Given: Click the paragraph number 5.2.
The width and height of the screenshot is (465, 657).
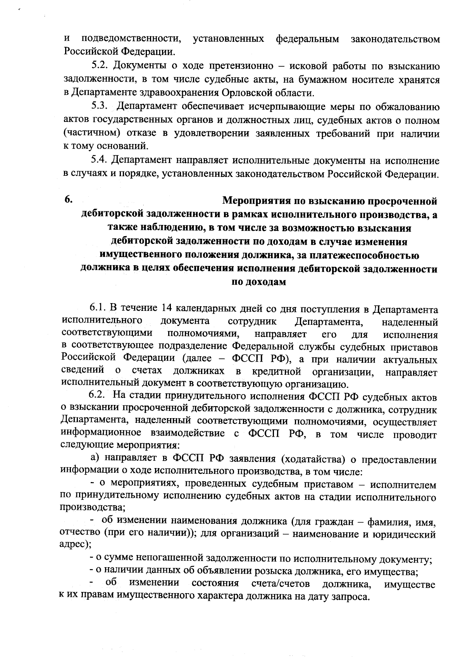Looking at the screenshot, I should tap(99, 66).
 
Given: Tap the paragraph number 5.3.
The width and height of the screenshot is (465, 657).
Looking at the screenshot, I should tap(99, 106).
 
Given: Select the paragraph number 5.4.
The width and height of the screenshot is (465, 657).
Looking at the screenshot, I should tap(99, 160).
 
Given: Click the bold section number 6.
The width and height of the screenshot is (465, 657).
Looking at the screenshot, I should tap(68, 200).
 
